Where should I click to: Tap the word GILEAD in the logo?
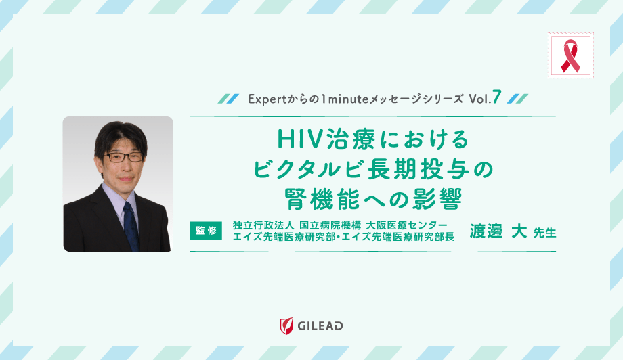tap(320, 326)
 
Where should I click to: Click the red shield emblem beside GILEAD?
tap(287, 326)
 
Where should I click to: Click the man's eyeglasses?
tap(124, 156)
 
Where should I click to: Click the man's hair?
tap(120, 133)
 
